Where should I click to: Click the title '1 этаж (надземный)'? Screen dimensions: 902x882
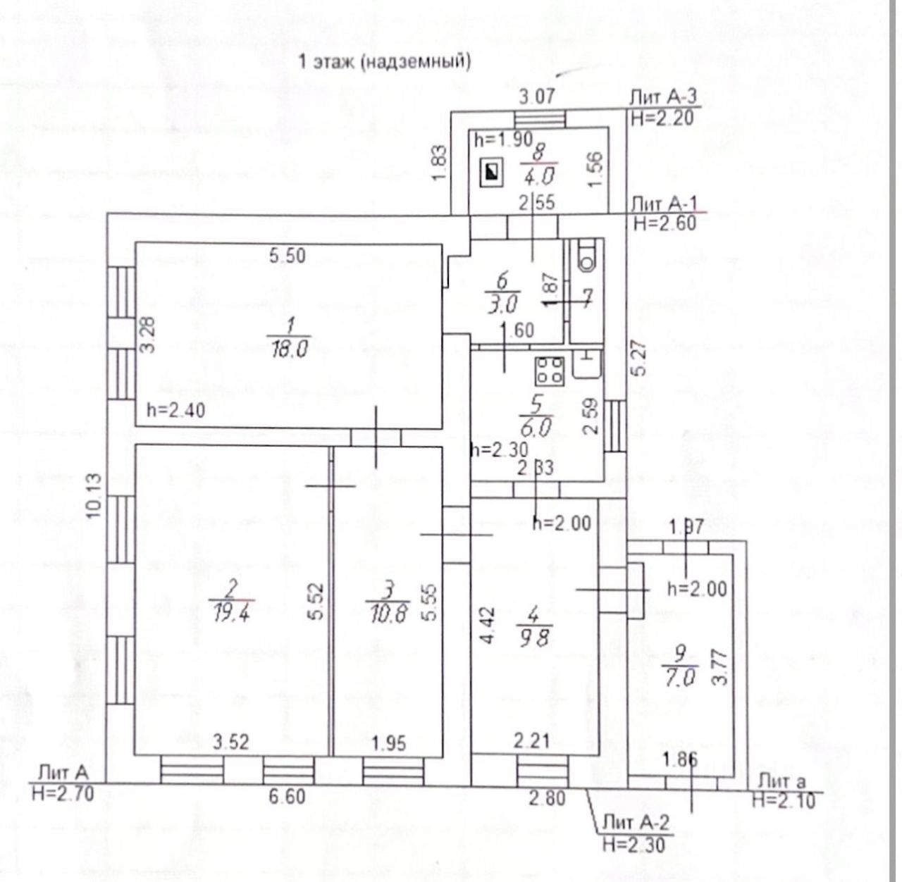(384, 61)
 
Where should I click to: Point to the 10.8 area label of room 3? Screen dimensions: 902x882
(388, 614)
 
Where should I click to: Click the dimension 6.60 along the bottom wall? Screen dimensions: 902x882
(288, 796)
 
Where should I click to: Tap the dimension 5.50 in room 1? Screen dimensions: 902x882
(288, 255)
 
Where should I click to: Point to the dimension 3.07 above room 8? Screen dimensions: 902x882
(537, 97)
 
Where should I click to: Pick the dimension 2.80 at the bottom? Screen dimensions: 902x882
(548, 798)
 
